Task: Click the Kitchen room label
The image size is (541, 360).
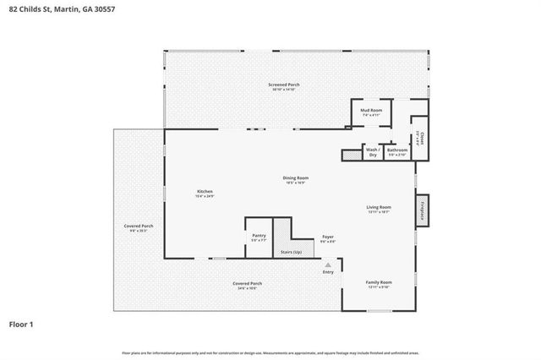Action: click(205, 194)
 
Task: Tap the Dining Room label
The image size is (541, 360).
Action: click(295, 179)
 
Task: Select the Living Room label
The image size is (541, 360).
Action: click(378, 209)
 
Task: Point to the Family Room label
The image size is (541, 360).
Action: click(379, 283)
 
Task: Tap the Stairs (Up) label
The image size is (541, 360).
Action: click(292, 252)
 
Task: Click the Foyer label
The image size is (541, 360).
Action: click(328, 239)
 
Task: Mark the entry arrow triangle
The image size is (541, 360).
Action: click(328, 265)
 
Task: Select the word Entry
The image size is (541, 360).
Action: click(328, 272)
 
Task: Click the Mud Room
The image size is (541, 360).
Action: click(371, 112)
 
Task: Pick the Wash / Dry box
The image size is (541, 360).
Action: click(372, 152)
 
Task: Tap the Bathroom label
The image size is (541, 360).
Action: click(397, 151)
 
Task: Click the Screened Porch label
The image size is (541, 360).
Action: click(284, 86)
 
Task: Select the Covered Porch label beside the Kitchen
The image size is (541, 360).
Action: click(139, 228)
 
